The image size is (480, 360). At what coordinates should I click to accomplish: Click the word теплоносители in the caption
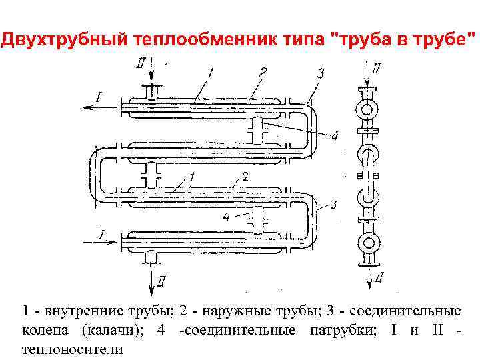[73, 349]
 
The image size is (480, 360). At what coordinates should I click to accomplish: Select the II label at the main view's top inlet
[139, 63]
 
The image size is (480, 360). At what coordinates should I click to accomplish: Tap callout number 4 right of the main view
[335, 136]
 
